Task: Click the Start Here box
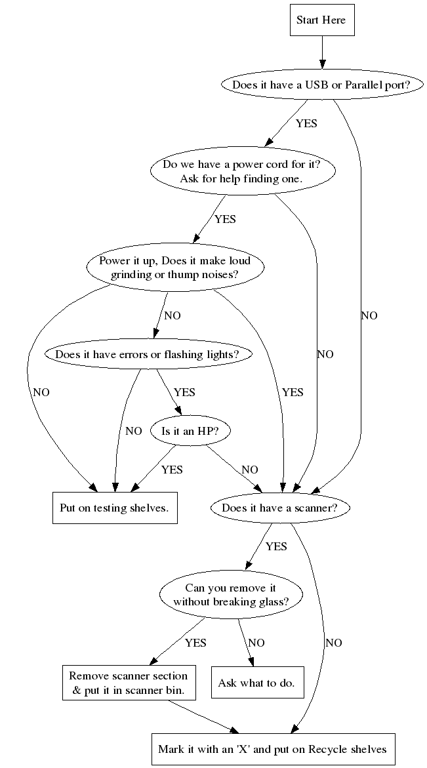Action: [321, 20]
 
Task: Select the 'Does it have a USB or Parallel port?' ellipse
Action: [321, 85]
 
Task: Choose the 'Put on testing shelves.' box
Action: [114, 508]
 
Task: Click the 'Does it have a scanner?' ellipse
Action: [280, 508]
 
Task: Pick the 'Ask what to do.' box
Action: [256, 683]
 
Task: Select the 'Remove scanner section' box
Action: [128, 683]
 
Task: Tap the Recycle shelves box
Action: [273, 748]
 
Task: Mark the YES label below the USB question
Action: [306, 123]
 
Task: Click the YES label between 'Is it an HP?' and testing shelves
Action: [172, 470]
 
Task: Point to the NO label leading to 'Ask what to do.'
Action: [256, 643]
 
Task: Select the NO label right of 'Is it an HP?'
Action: [249, 470]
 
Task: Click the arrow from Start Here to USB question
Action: [321, 53]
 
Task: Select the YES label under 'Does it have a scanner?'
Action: [276, 546]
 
